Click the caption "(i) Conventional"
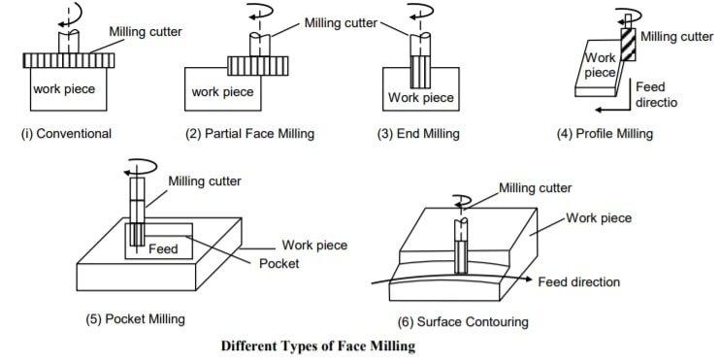[x=66, y=134]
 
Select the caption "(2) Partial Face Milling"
[x=250, y=134]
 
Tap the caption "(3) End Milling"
[x=418, y=134]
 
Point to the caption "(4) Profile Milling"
[x=604, y=134]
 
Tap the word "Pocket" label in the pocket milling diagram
[x=279, y=262]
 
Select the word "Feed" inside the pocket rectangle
[x=162, y=249]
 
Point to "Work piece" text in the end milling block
[x=420, y=97]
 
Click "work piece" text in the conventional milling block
[x=65, y=88]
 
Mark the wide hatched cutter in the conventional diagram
[x=68, y=60]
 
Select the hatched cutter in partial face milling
[x=258, y=65]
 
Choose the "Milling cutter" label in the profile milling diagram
[x=676, y=37]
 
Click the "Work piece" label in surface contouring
[x=601, y=218]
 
